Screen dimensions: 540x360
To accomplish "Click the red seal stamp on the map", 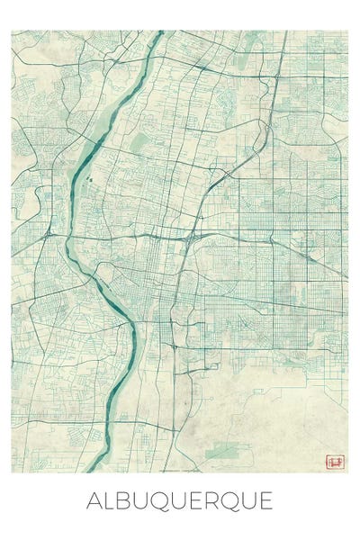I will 335,462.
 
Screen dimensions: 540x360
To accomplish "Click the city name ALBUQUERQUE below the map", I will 179,501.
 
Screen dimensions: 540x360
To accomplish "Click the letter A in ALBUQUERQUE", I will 95,501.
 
